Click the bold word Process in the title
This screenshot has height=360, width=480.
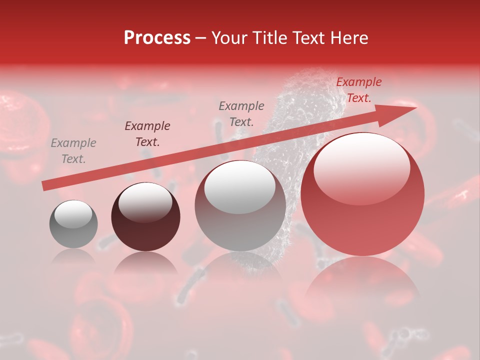pyautogui.click(x=157, y=38)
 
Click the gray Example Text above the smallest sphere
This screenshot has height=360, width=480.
pyautogui.click(x=73, y=151)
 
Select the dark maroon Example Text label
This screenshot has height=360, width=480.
pyautogui.click(x=147, y=133)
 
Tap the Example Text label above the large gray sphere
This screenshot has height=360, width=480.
pyautogui.click(x=241, y=113)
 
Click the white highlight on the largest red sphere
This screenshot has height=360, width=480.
pyautogui.click(x=361, y=168)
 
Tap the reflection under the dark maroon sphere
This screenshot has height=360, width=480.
pyautogui.click(x=145, y=262)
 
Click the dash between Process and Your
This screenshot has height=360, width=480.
pyautogui.click(x=201, y=38)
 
